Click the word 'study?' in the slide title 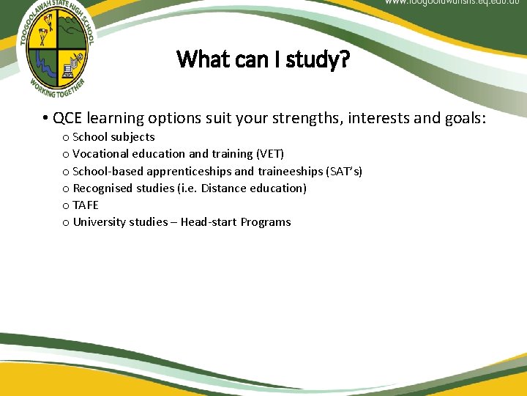pos(318,59)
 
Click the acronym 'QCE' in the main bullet pos(66,117)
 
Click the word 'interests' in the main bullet pos(379,117)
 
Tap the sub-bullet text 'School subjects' pos(113,137)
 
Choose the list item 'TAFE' pos(85,205)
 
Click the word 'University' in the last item pos(99,222)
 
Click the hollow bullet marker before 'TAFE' pos(66,206)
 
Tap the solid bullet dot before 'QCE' pos(45,118)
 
